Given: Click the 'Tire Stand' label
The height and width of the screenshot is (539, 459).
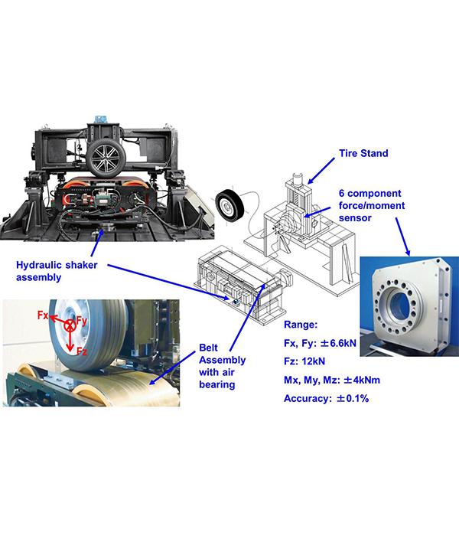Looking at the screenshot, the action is (363, 153).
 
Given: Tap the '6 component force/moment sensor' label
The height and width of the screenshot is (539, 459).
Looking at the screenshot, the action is (372, 205).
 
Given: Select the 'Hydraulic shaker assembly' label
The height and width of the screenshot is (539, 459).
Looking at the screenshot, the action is (57, 271).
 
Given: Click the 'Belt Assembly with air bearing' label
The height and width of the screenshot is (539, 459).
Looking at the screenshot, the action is (223, 366).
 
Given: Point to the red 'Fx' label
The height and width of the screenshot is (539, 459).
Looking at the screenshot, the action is (43, 315).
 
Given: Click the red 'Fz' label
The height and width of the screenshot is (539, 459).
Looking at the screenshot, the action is (82, 351).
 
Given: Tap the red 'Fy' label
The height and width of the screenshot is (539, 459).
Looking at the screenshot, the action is (81, 321).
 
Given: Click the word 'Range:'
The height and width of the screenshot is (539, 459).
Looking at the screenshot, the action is (301, 325).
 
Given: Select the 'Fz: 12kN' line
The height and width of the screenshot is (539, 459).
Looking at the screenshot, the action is (304, 361).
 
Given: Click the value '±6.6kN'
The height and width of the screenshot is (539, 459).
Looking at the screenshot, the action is (338, 343).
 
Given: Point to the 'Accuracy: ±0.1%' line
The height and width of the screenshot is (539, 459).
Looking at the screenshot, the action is (327, 399).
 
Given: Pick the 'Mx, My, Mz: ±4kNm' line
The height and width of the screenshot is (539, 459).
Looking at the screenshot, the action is (332, 381).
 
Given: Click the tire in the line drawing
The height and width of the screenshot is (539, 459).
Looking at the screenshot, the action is (229, 205).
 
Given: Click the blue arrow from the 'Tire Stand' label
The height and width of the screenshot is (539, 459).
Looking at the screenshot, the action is (321, 171).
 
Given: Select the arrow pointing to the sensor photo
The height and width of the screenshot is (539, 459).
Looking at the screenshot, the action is (402, 237).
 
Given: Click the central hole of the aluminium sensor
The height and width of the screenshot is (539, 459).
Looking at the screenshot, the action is (399, 304).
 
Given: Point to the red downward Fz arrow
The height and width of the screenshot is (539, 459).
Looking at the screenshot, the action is (70, 341).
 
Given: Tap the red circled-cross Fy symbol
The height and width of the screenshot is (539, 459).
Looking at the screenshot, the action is (70, 325).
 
